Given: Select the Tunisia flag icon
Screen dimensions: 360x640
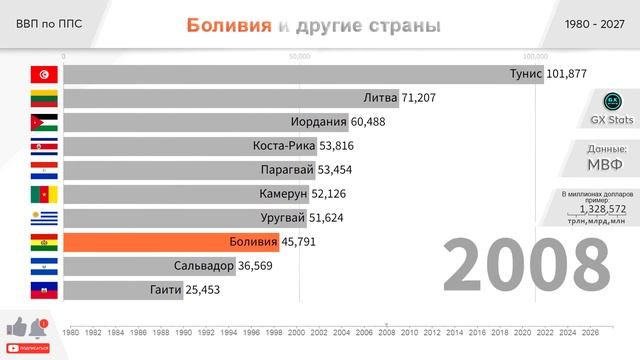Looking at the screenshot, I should click(x=44, y=74).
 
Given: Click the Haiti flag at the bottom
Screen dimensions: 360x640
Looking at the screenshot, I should click(x=44, y=289).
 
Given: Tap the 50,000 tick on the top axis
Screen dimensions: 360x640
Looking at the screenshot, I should click(x=298, y=57).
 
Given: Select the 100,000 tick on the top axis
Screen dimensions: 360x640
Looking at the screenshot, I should click(x=535, y=57).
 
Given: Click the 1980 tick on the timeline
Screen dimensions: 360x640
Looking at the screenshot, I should click(x=70, y=333).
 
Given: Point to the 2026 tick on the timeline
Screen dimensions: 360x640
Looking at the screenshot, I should click(x=590, y=333).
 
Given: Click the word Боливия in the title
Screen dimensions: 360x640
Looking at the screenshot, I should click(x=228, y=25).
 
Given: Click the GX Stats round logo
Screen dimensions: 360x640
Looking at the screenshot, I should click(x=613, y=102).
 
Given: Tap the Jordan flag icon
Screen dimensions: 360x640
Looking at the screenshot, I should click(x=44, y=122).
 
